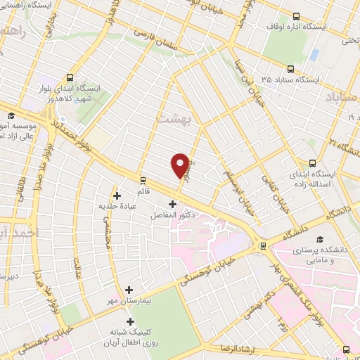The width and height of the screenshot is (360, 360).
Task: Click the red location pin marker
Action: (180, 165)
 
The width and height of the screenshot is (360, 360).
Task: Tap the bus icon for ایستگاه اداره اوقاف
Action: (296, 16)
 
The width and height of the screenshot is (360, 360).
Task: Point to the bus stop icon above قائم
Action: (143, 180)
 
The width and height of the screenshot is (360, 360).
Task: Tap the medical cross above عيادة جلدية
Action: (117, 195)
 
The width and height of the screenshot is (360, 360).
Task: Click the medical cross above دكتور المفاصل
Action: (172, 204)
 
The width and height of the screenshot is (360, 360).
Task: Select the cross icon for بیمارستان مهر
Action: (129, 290)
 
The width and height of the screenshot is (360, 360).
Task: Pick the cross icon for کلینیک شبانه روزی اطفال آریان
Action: (129, 321)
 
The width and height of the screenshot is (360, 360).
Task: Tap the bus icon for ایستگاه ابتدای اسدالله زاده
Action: (313, 162)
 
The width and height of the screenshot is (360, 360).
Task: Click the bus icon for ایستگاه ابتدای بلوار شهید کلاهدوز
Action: (70, 78)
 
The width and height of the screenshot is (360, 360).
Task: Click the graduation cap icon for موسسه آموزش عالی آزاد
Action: (11, 116)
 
